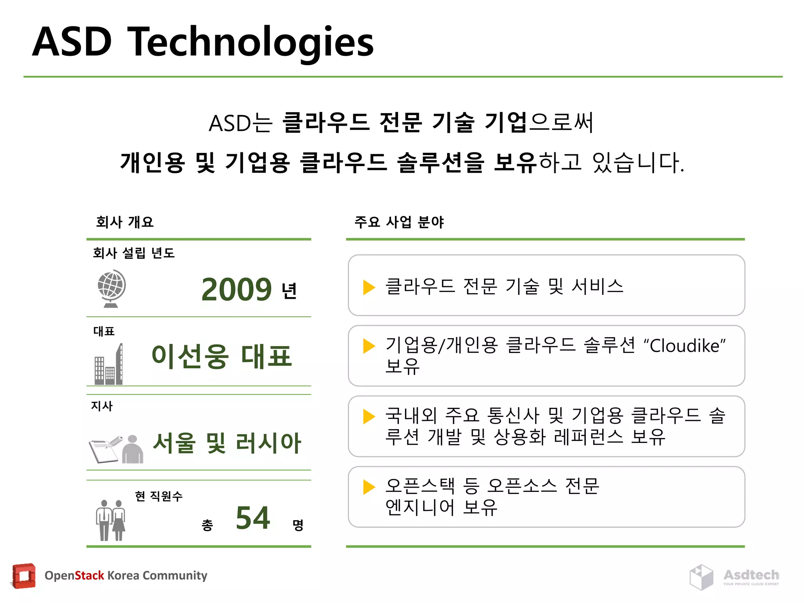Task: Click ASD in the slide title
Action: tap(72, 42)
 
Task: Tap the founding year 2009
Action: tap(236, 290)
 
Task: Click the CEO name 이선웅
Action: tap(190, 356)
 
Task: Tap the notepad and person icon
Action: tap(116, 449)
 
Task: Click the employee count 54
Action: tap(253, 518)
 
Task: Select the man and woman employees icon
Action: tap(111, 520)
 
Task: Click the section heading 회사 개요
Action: tap(125, 222)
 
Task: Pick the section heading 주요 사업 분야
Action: tap(399, 222)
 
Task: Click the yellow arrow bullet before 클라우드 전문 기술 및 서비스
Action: tap(369, 287)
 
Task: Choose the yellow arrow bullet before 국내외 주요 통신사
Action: tap(369, 417)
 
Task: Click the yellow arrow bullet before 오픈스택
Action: tap(369, 487)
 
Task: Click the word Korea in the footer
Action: tap(123, 576)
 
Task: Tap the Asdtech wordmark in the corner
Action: tap(751, 575)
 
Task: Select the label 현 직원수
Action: tap(159, 496)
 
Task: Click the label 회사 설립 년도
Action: tap(133, 253)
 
